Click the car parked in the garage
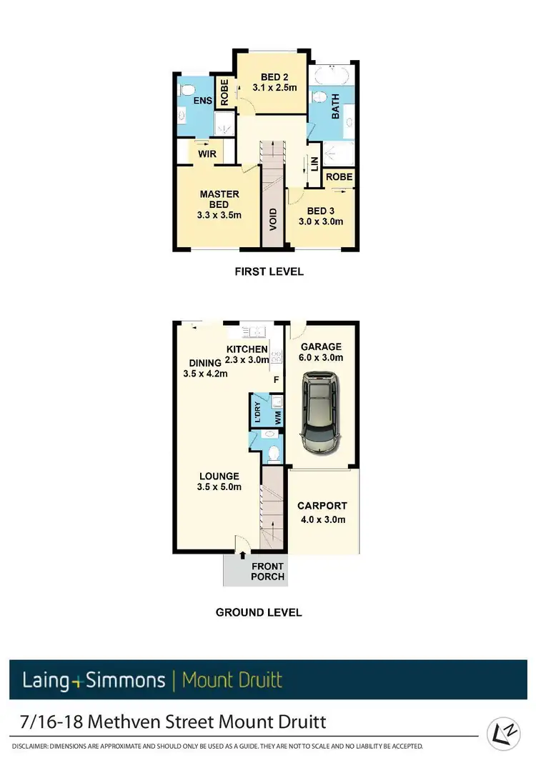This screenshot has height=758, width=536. (x=321, y=414)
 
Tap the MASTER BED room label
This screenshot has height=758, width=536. (x=219, y=199)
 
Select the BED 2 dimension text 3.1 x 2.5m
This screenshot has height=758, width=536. (x=274, y=88)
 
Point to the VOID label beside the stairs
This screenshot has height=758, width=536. (x=272, y=219)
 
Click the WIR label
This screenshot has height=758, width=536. (x=207, y=154)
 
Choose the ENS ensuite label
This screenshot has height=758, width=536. (x=202, y=101)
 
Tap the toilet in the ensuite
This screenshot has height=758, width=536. (x=187, y=90)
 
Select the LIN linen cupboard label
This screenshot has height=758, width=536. (x=314, y=164)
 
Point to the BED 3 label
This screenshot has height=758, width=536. (x=321, y=211)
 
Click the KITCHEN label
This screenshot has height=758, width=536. (x=247, y=349)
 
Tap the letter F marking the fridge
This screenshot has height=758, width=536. (x=276, y=381)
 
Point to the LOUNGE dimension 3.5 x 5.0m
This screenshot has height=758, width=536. (x=219, y=487)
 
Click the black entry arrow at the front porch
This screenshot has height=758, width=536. (x=242, y=554)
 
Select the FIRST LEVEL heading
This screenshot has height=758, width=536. (x=269, y=271)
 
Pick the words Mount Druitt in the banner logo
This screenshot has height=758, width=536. (x=232, y=679)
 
